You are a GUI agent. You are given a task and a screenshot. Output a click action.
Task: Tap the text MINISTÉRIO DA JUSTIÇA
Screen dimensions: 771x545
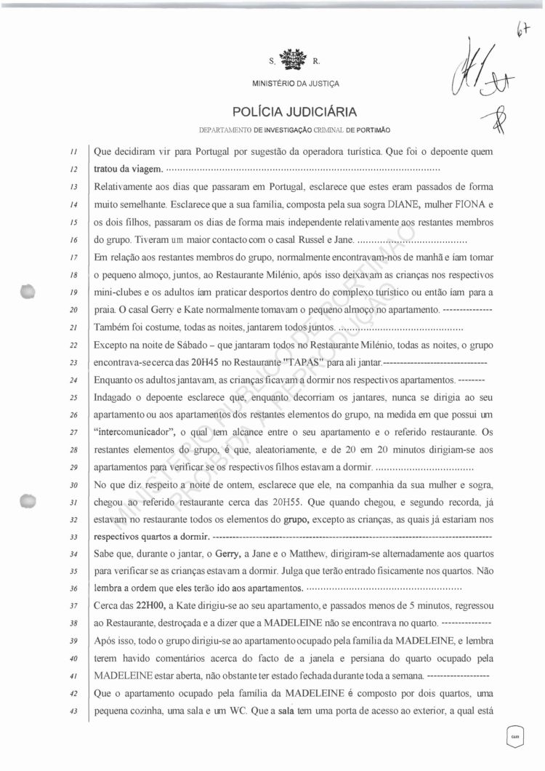pyautogui.click(x=294, y=83)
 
